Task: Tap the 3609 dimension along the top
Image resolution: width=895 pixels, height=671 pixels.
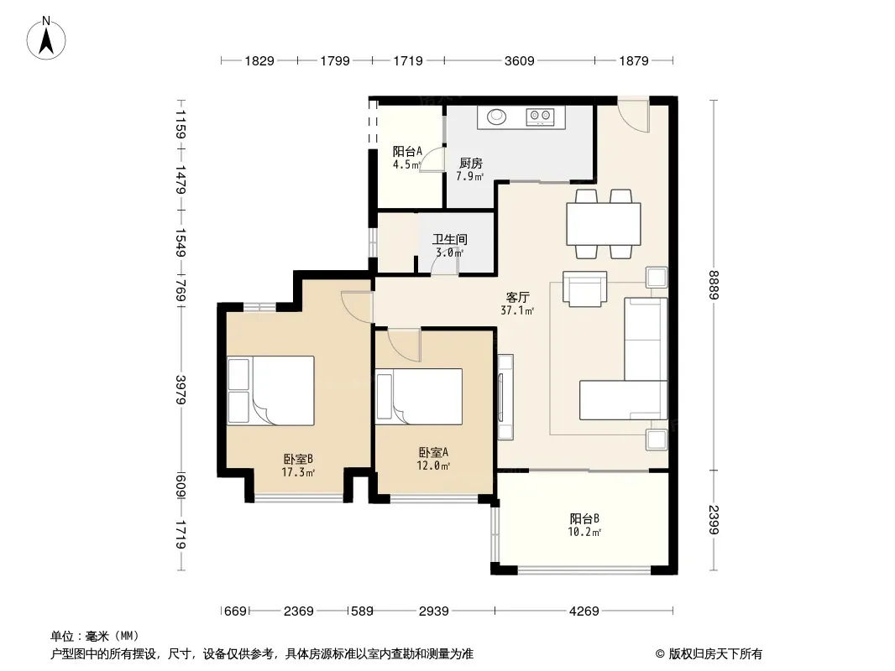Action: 519,60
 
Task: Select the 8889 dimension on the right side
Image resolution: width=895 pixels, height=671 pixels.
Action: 714,285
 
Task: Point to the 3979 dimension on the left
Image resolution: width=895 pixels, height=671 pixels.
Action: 181,389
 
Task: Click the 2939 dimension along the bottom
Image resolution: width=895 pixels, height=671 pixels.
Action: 433,611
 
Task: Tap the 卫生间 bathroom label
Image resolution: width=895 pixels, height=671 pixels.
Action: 450,239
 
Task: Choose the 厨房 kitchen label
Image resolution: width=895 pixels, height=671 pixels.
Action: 470,164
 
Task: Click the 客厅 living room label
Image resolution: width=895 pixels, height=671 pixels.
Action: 518,297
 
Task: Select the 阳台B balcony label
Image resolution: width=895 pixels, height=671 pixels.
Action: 584,519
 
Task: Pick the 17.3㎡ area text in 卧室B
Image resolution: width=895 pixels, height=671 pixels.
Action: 298,472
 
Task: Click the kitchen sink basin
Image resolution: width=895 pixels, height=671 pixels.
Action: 496,117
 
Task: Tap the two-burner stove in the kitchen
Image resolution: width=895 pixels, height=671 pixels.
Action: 540,117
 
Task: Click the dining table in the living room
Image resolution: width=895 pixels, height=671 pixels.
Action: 604,224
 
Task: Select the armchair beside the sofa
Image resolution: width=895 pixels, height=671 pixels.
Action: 584,289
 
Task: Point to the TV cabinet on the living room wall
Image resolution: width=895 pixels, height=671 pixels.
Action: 505,397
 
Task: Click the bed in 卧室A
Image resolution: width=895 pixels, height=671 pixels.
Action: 418,397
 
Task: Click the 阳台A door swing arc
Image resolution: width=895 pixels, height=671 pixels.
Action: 432,159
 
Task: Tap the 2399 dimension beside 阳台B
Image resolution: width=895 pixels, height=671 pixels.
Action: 714,520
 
